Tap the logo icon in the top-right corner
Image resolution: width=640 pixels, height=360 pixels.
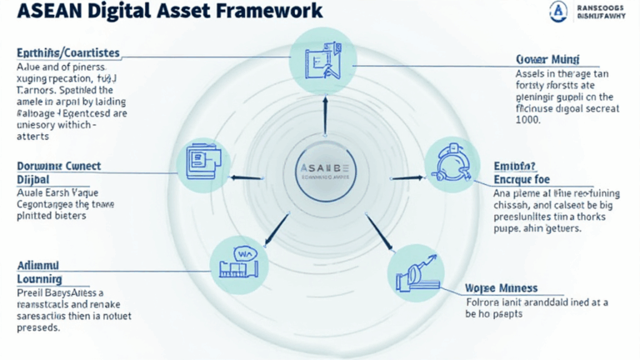(x=557, y=12)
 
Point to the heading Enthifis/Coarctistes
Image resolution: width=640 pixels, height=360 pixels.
(x=67, y=53)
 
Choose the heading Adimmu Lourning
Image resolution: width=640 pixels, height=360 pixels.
(x=40, y=272)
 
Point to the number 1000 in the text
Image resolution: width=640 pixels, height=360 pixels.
(x=529, y=119)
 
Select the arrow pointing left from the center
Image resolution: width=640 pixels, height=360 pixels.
(x=247, y=177)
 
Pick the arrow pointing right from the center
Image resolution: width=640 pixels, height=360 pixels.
(x=395, y=177)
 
